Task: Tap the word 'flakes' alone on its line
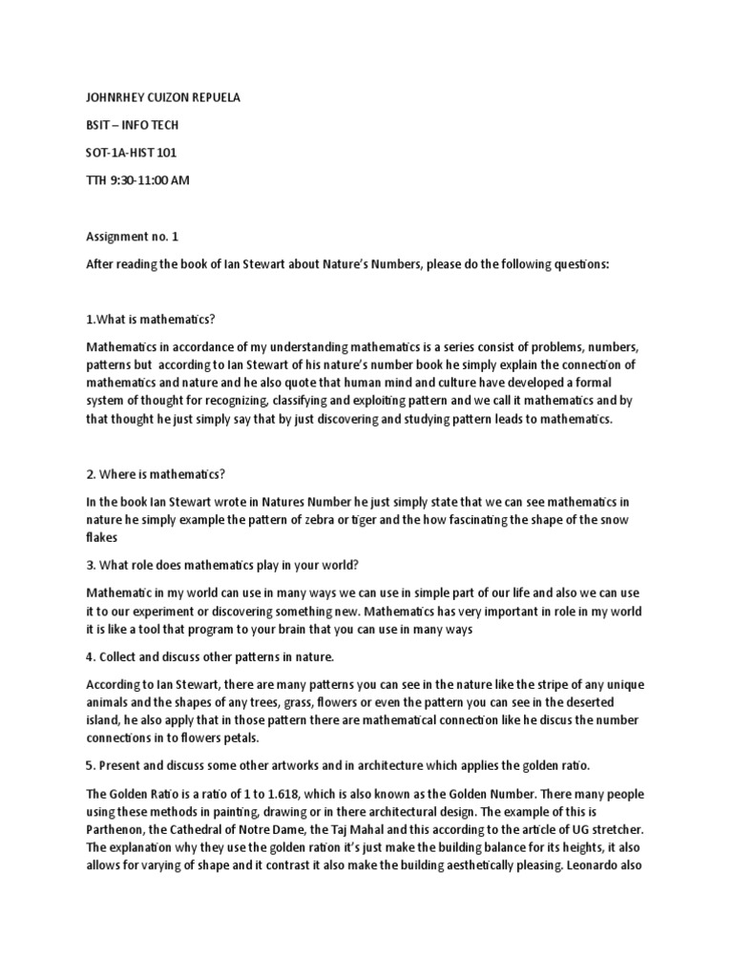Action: [104, 536]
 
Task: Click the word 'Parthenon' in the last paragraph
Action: [118, 828]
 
